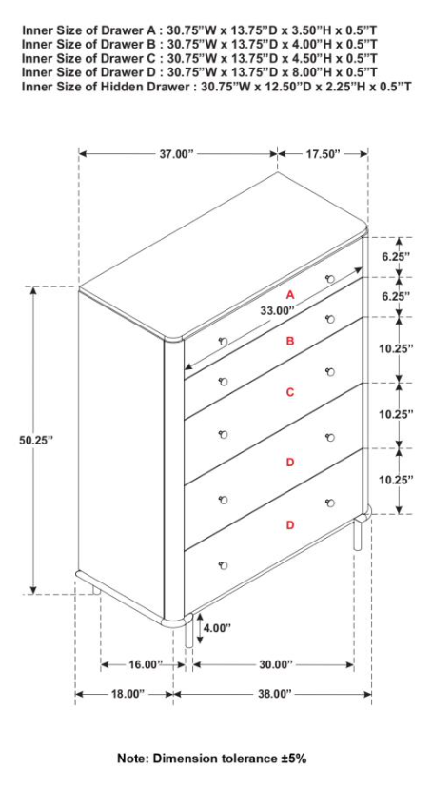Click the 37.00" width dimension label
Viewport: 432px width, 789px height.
(x=177, y=153)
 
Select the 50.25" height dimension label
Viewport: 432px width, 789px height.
(x=36, y=440)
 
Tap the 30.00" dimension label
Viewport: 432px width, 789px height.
(x=273, y=664)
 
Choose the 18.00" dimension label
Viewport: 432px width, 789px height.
(x=126, y=694)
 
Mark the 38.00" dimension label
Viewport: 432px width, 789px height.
(x=273, y=694)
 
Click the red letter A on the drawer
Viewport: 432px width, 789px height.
(x=290, y=296)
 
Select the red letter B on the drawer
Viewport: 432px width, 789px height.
(x=290, y=340)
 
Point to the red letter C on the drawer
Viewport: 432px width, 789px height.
(x=290, y=392)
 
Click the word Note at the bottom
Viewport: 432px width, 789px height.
(x=132, y=759)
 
